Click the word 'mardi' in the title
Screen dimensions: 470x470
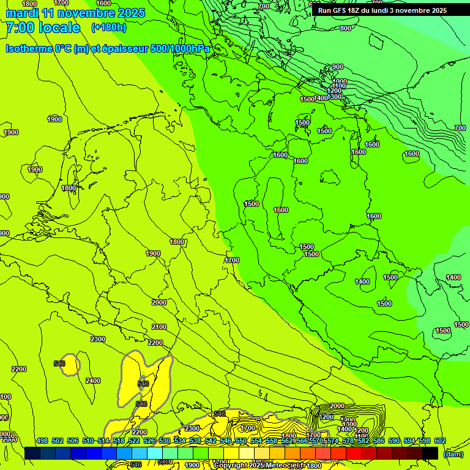(x=22, y=13)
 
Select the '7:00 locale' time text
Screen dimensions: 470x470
(x=43, y=28)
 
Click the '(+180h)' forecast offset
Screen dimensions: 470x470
(x=108, y=28)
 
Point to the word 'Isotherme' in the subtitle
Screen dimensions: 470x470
(x=29, y=48)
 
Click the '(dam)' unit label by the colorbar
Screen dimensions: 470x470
(x=453, y=454)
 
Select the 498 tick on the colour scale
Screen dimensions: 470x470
(x=42, y=441)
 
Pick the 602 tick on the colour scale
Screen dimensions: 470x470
(x=439, y=441)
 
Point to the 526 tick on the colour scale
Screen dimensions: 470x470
(x=149, y=441)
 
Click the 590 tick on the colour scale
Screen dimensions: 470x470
(x=394, y=441)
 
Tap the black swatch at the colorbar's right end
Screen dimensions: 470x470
(x=430, y=453)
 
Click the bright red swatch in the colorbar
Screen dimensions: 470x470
(x=354, y=453)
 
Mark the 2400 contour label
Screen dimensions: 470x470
(x=93, y=381)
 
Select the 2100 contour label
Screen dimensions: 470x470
(x=159, y=327)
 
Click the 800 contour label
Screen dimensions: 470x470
(x=346, y=28)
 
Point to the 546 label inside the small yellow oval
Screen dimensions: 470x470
(x=59, y=364)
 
